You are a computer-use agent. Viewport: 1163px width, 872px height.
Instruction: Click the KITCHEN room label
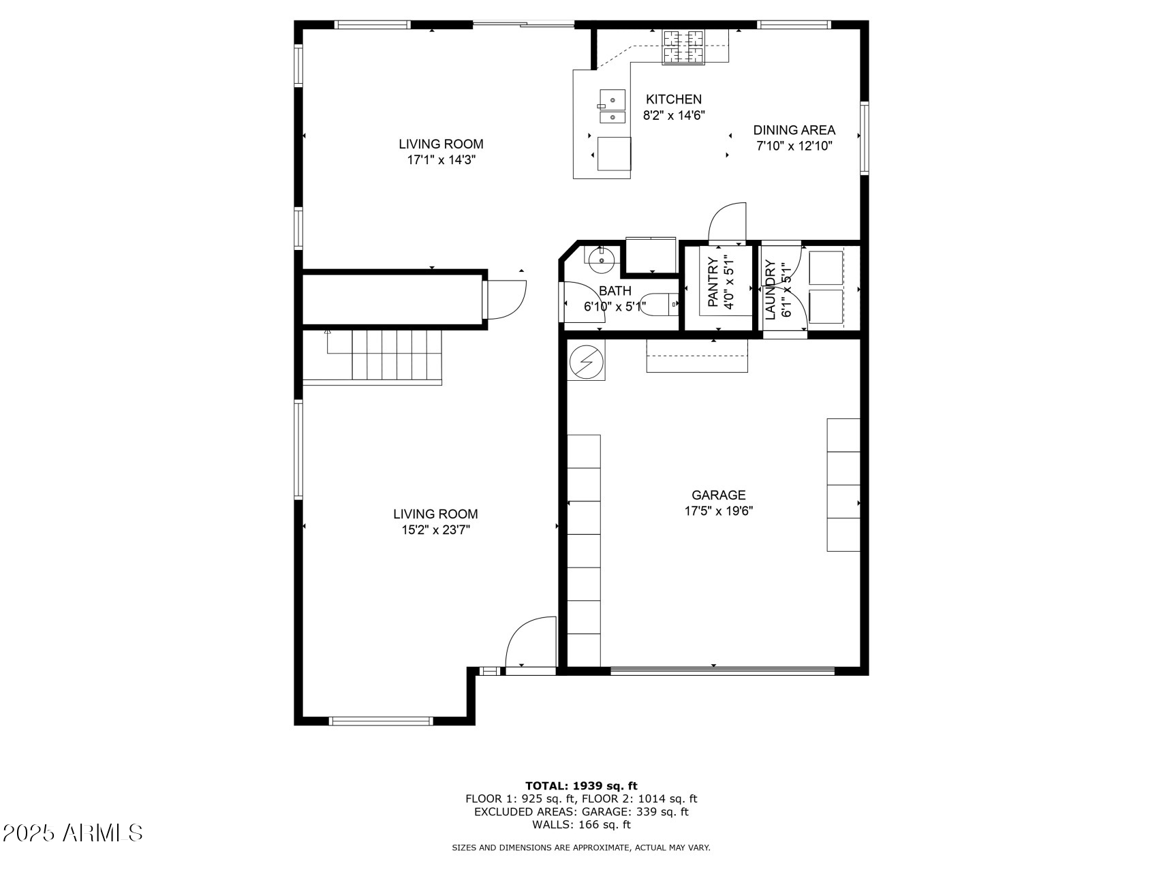(673, 99)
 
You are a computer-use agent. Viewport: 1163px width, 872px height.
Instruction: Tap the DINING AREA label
(794, 130)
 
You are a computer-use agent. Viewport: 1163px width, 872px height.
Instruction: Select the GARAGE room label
(718, 495)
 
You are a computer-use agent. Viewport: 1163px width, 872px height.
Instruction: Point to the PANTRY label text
(713, 282)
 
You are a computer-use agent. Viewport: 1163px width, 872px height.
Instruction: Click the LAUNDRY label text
(771, 290)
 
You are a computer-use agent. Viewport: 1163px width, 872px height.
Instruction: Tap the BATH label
(615, 291)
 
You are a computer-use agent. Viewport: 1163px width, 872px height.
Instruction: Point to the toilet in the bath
(660, 304)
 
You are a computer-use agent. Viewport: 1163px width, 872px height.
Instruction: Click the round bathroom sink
(602, 259)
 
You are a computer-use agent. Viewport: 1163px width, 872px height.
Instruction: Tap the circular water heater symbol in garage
(585, 362)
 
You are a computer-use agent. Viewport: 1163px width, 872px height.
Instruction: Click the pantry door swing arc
(728, 222)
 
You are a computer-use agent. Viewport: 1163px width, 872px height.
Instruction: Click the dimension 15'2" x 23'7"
(435, 531)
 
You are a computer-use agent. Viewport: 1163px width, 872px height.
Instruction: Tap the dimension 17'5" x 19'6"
(718, 512)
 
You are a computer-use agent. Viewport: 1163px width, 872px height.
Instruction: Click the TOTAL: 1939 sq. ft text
(580, 785)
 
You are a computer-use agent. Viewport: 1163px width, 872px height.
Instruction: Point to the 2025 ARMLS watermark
(73, 832)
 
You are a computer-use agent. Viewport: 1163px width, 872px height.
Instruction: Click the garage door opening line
(722, 671)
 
